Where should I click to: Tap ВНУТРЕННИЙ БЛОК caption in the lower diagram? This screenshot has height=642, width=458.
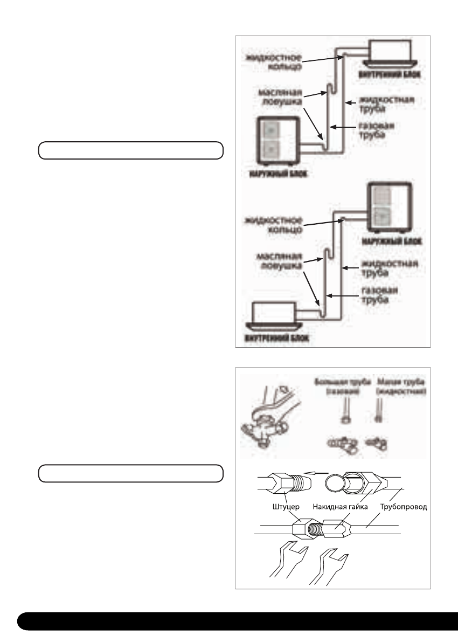pos(275,340)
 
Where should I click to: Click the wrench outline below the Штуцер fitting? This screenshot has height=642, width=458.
pos(289,563)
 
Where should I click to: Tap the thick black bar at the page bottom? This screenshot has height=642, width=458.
pos(237,620)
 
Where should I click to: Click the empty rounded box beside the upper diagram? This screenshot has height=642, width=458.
pos(130,150)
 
